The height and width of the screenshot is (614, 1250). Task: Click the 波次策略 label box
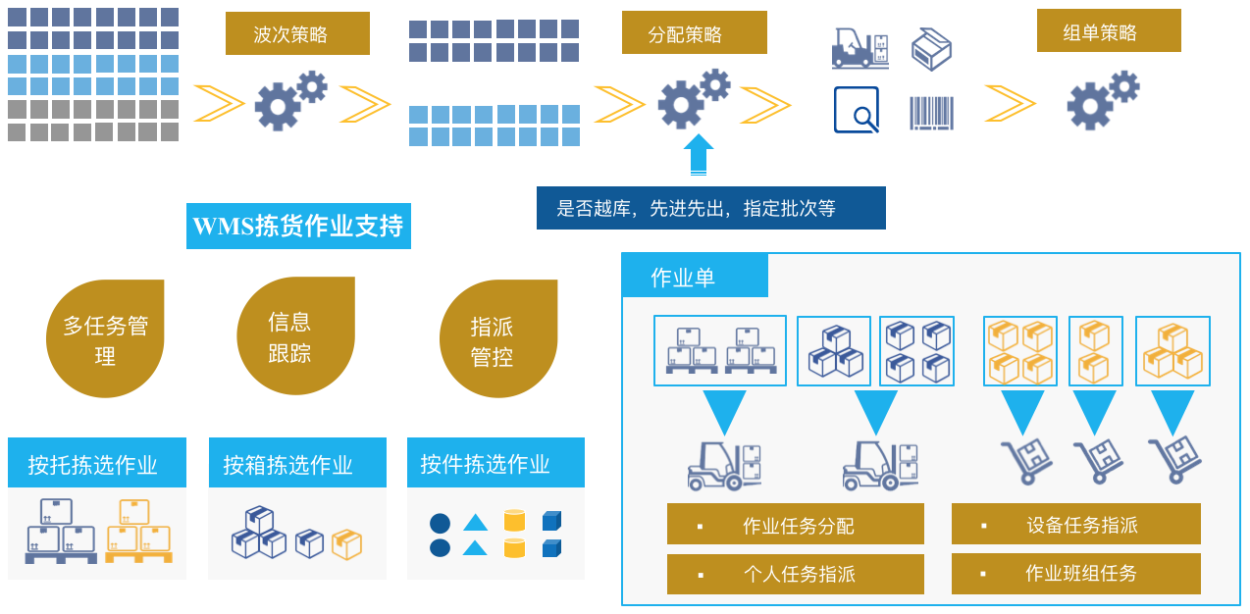[x=297, y=34]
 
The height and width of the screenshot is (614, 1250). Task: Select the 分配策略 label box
[x=694, y=33]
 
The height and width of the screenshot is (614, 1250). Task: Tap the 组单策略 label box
[x=1109, y=31]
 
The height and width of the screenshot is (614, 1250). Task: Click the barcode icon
[x=931, y=112]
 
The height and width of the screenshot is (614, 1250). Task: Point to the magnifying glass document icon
[x=856, y=110]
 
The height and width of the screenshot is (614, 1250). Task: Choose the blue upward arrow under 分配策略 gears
[x=698, y=154]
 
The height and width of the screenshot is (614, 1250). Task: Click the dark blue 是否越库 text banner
[x=710, y=208]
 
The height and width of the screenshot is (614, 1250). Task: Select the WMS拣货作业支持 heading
[x=298, y=227]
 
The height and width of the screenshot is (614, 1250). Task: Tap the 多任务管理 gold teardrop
[x=105, y=339]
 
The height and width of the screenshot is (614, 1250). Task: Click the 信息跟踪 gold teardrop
[x=294, y=336]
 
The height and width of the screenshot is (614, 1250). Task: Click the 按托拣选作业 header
[x=96, y=463]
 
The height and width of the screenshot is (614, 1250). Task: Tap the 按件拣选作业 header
[x=495, y=463]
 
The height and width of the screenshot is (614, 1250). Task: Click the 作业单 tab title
[x=694, y=276]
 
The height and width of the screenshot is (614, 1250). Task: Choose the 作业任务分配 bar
[x=795, y=525]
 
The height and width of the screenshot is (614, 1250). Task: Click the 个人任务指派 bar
[x=795, y=574]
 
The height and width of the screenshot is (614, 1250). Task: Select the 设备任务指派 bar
[x=1075, y=524]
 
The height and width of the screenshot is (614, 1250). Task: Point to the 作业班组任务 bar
[x=1075, y=573]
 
